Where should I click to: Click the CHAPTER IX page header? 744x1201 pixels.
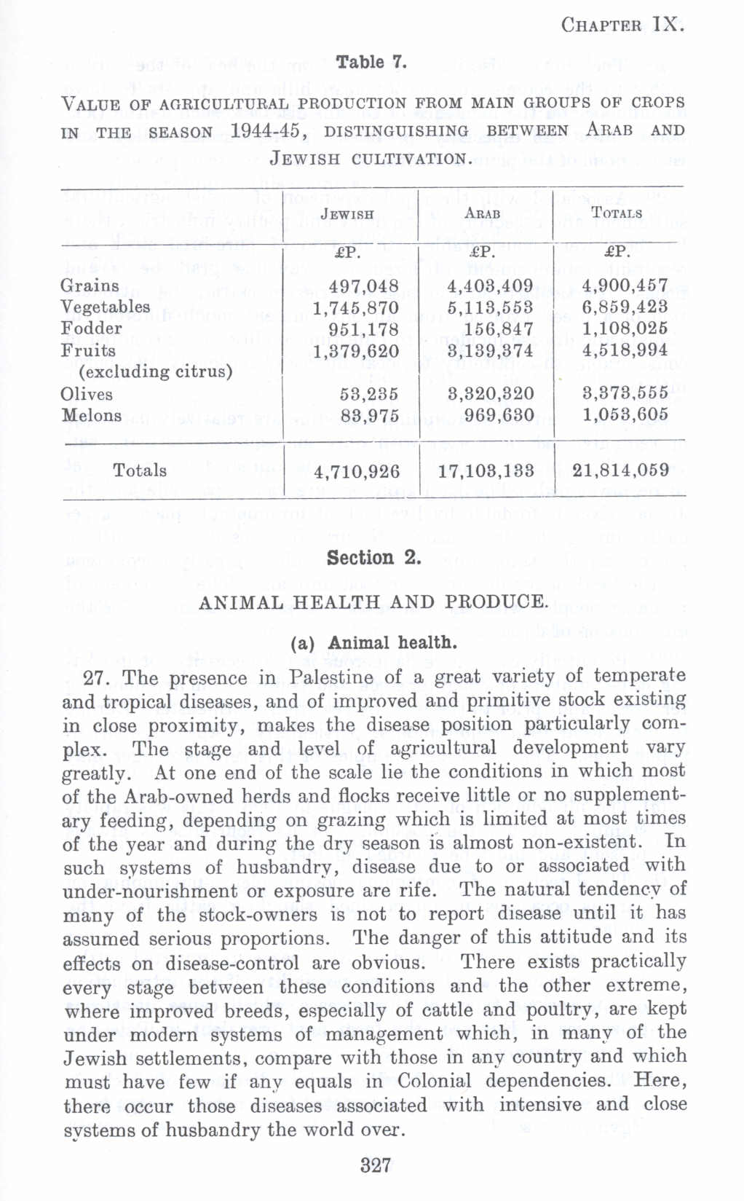[622, 25]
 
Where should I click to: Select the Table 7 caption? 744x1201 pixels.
[371, 63]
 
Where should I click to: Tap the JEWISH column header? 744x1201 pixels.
[347, 214]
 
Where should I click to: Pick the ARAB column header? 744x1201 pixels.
[483, 214]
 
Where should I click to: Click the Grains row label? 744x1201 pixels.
[90, 286]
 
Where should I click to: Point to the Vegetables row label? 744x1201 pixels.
[106, 307]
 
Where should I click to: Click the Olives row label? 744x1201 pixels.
[87, 394]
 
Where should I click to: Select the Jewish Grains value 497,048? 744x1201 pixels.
[364, 286]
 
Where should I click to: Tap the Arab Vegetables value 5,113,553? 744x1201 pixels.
[490, 307]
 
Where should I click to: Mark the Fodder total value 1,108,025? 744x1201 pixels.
[625, 329]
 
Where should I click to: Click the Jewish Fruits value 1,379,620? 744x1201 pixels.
[356, 351]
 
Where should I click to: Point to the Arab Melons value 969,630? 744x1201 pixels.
[498, 416]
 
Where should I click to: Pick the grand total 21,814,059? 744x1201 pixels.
[620, 470]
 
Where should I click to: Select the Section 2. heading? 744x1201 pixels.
[373, 559]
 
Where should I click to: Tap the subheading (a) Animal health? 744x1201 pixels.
[373, 643]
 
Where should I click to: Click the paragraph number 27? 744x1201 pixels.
[97, 679]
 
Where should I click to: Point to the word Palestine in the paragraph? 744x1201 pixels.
[331, 677]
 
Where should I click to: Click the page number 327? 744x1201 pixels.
[376, 1165]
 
